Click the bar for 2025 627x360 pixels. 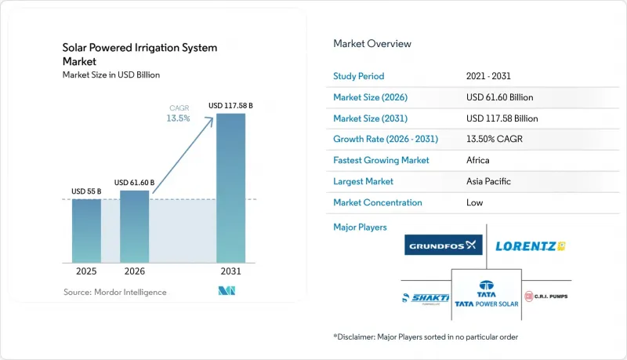point(86,231)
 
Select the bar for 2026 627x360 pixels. point(134,227)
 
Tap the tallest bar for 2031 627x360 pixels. point(230,188)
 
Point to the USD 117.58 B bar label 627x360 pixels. point(230,106)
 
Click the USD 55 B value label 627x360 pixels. point(86,191)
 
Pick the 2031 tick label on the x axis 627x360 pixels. point(230,271)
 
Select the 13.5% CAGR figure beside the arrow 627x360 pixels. point(179,118)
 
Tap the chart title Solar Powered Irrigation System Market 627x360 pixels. point(140,54)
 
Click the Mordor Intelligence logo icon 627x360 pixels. point(227,291)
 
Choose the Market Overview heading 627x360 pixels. point(372,44)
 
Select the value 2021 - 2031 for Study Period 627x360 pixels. point(488,76)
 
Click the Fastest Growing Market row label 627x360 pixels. point(381,160)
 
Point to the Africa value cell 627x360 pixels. point(478,160)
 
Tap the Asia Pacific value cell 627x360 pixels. point(488,181)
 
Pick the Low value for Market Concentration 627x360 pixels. point(475,202)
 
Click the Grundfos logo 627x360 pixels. point(444,245)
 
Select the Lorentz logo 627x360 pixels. point(531,246)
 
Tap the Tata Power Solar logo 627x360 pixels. point(486,294)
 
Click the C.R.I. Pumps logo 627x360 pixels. point(546,296)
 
